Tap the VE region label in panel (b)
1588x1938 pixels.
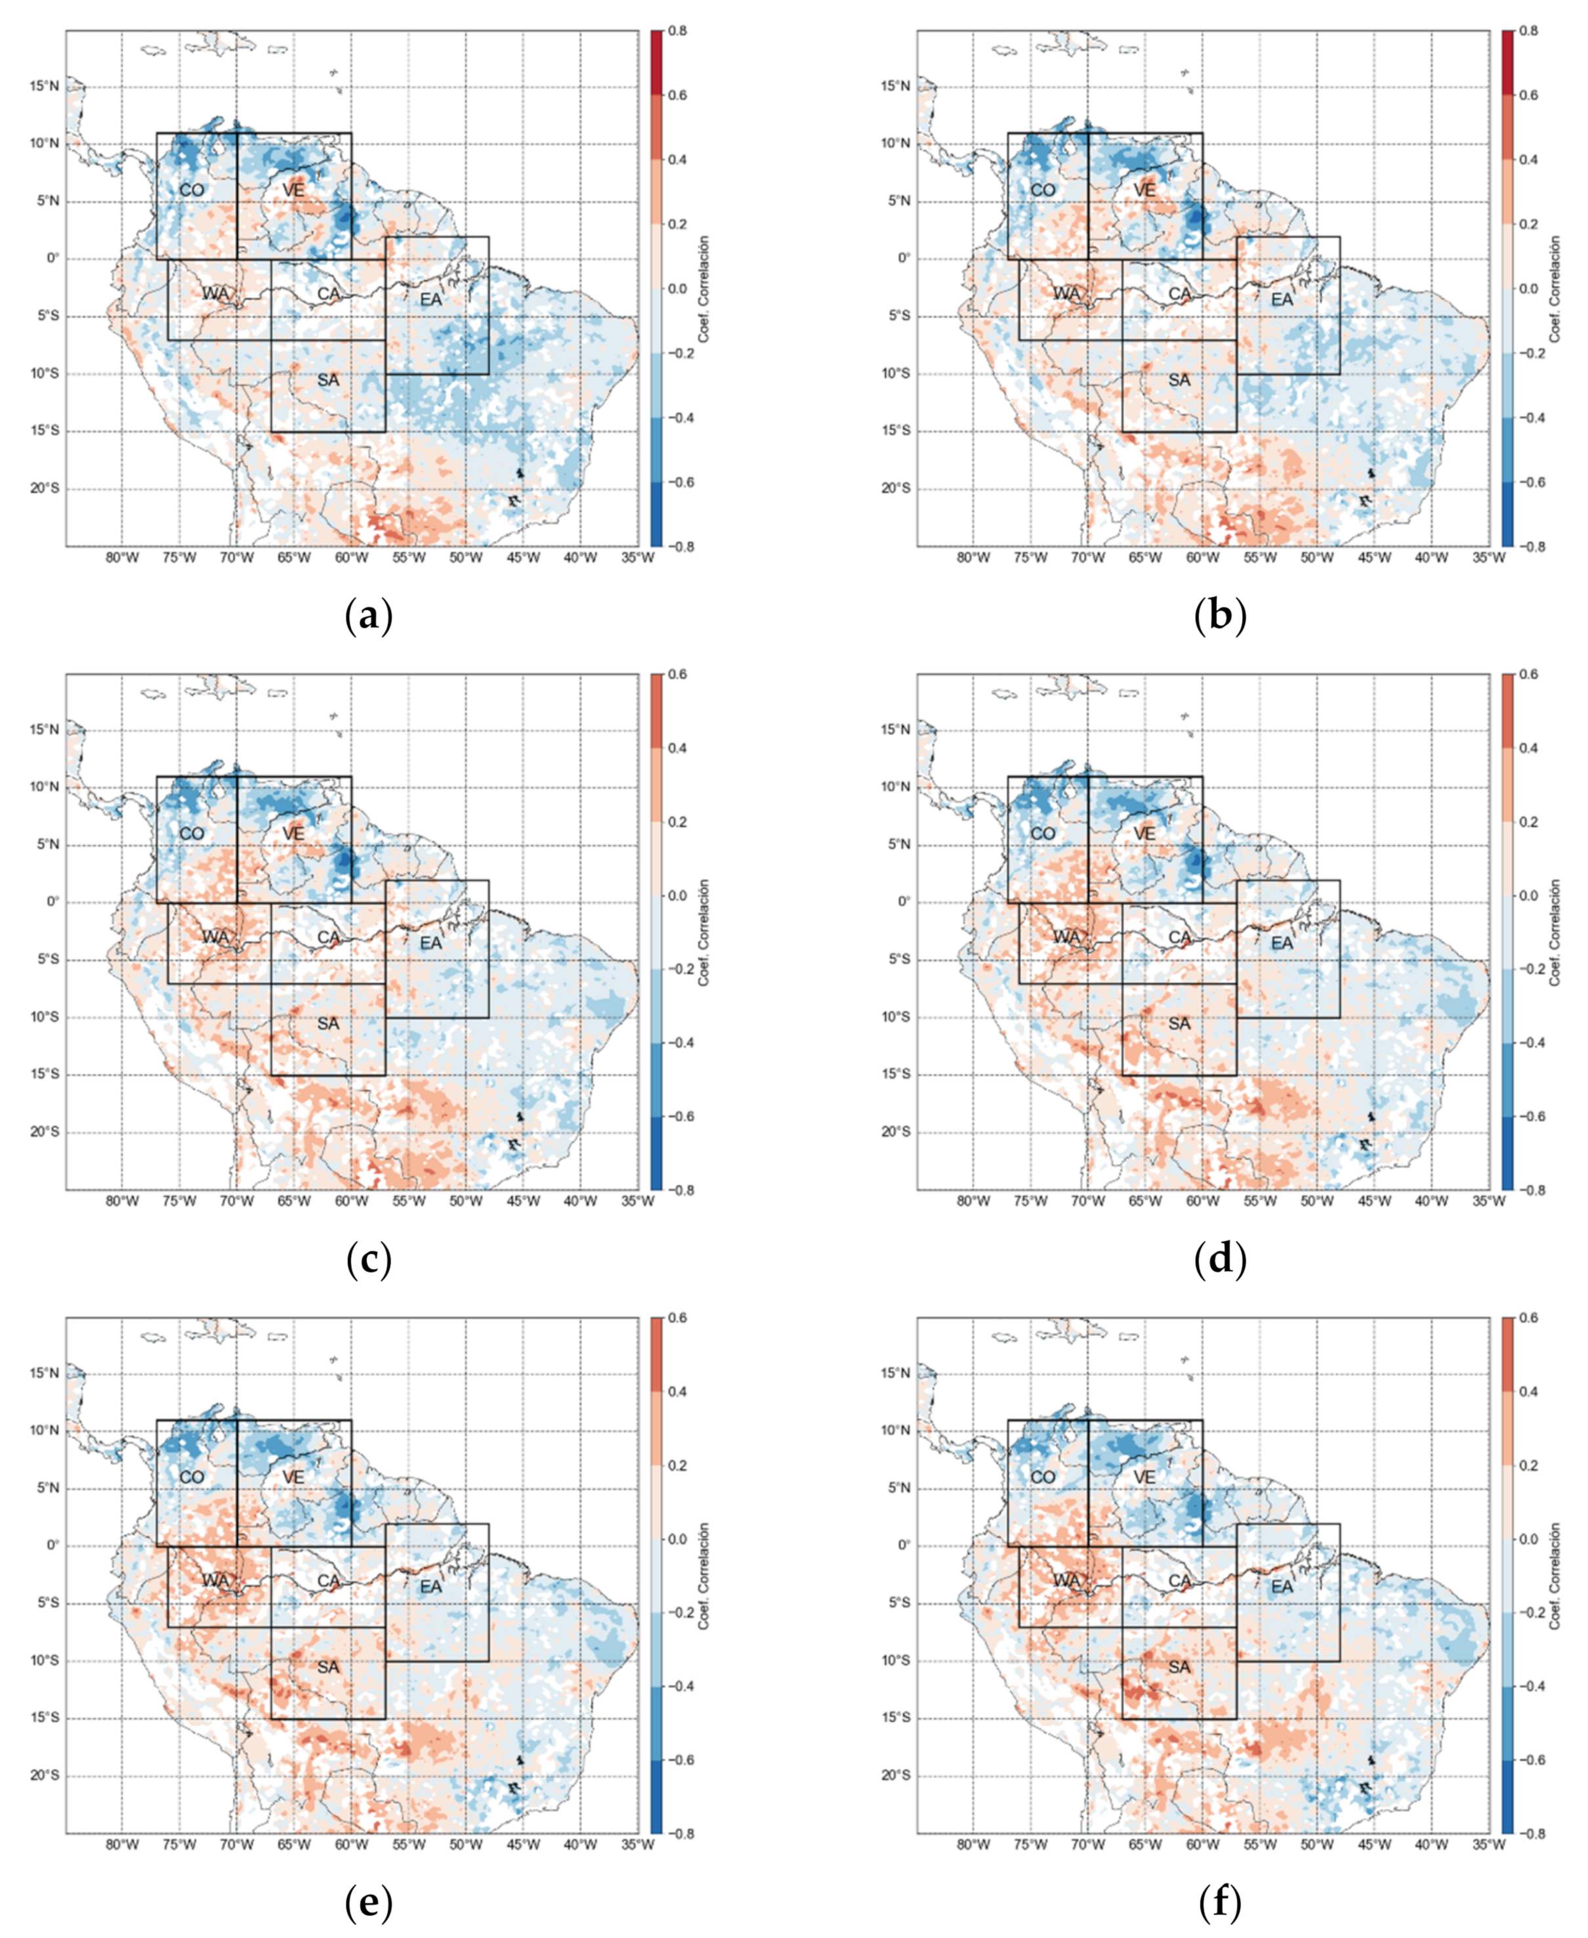pyautogui.click(x=1144, y=190)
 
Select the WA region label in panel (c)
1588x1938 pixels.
pyautogui.click(x=215, y=937)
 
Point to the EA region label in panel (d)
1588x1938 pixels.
pyautogui.click(x=1282, y=943)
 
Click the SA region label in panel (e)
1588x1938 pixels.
pyautogui.click(x=327, y=1667)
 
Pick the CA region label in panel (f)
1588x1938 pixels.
pyautogui.click(x=1180, y=1581)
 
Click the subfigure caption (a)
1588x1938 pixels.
pyautogui.click(x=369, y=616)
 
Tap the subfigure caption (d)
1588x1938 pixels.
pyautogui.click(x=1221, y=1260)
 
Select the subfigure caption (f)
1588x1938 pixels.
pyautogui.click(x=1221, y=1904)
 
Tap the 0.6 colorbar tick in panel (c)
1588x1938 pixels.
pyautogui.click(x=678, y=674)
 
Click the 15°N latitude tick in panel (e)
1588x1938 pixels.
pyautogui.click(x=45, y=1373)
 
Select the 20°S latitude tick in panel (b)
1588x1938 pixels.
pyautogui.click(x=896, y=488)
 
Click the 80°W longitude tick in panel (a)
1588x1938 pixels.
pyautogui.click(x=123, y=558)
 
